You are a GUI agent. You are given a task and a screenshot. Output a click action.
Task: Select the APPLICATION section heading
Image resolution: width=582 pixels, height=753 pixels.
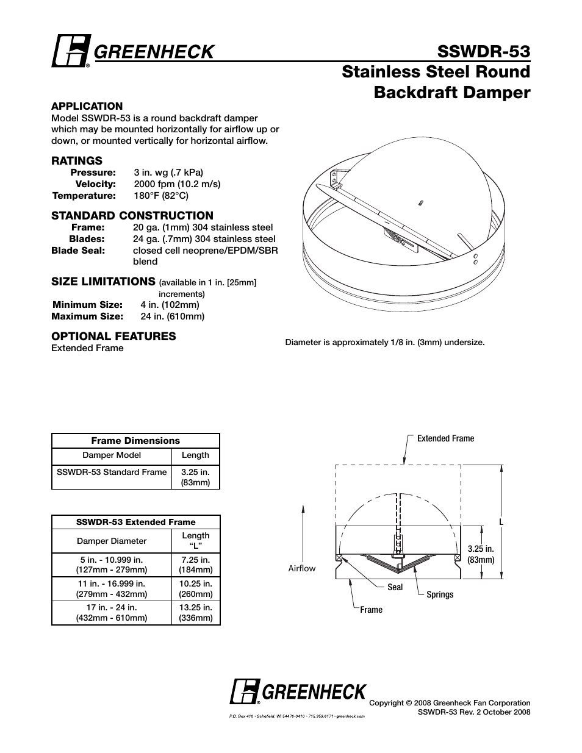pos(87,106)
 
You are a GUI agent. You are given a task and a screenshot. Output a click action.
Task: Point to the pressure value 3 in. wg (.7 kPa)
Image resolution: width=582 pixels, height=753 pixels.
pos(168,173)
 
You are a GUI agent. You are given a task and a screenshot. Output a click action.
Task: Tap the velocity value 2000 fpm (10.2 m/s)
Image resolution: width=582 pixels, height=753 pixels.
pos(177,184)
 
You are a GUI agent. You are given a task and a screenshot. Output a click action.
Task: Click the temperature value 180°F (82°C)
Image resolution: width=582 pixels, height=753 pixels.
pos(161,196)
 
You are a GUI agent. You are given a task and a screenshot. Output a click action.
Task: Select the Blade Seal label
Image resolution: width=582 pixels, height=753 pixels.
pos(78,251)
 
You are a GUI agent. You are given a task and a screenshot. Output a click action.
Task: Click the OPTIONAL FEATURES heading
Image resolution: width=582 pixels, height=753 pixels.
pos(113,337)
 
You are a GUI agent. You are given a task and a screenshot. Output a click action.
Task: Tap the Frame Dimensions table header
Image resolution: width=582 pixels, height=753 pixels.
pos(135,441)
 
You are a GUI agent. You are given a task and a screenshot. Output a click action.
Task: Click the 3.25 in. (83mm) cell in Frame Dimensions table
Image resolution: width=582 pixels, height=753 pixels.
pos(195,477)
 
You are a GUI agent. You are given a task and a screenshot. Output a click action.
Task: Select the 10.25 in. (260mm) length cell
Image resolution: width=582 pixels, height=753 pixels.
pos(195,589)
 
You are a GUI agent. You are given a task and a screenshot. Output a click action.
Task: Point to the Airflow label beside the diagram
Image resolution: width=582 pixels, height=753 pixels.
pos(302,568)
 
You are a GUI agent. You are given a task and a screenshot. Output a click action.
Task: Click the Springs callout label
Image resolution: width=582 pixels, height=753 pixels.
pos(440,594)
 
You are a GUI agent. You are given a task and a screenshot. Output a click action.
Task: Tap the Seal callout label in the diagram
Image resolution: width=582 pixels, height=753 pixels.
pos(395,587)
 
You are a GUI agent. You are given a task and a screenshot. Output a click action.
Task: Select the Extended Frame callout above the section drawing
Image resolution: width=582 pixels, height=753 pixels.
pos(445,439)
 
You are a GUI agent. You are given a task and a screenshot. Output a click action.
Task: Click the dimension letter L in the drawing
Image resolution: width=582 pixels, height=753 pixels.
pos(500,523)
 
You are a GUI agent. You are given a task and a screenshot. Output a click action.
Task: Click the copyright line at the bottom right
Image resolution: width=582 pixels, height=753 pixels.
pos(450,703)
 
